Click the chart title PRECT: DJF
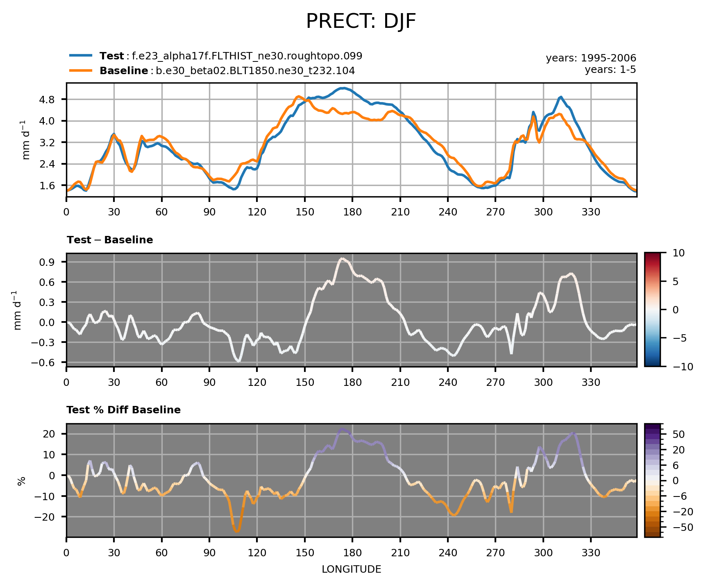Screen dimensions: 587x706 click(361, 22)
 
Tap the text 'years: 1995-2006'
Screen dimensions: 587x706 click(591, 58)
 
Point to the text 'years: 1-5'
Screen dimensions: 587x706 click(610, 70)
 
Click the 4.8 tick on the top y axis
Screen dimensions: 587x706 click(54, 100)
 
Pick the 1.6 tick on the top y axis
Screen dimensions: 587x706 click(54, 186)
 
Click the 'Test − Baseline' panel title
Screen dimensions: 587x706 click(110, 240)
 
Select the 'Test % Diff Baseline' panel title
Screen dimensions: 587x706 click(123, 410)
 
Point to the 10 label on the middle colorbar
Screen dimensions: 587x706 click(679, 253)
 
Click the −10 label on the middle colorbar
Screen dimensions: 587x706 click(681, 367)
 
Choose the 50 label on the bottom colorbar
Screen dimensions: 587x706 click(679, 434)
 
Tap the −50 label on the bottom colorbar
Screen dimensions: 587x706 click(681, 527)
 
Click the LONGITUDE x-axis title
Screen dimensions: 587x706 click(351, 569)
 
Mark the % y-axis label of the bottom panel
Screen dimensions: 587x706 click(22, 481)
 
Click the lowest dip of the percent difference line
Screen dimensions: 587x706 click(237, 531)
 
